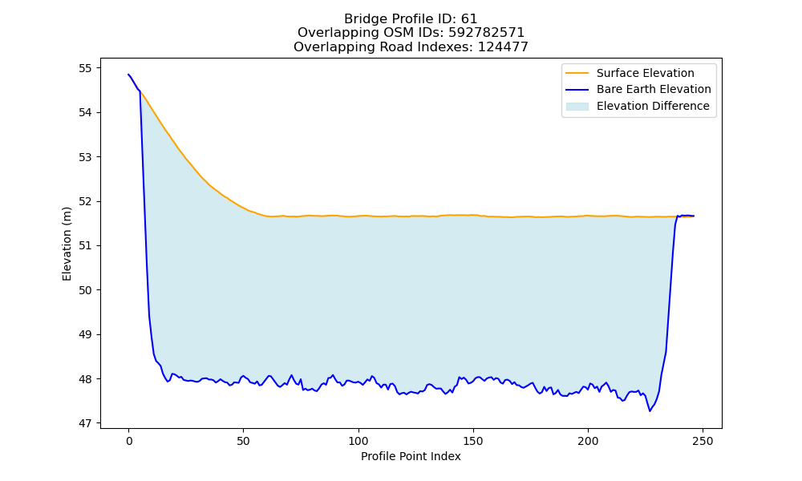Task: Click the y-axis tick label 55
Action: pyautogui.click(x=86, y=68)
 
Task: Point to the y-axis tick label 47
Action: pyautogui.click(x=86, y=424)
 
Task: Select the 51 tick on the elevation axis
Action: pyautogui.click(x=86, y=246)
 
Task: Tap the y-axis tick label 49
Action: pyautogui.click(x=86, y=335)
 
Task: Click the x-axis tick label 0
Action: pyautogui.click(x=129, y=441)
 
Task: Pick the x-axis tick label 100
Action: pyautogui.click(x=358, y=441)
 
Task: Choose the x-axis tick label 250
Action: pyautogui.click(x=703, y=441)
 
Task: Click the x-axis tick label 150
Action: pyautogui.click(x=473, y=441)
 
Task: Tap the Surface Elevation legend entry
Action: pyautogui.click(x=645, y=73)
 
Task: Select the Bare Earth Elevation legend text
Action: pyautogui.click(x=654, y=90)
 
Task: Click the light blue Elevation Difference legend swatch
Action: pyautogui.click(x=577, y=107)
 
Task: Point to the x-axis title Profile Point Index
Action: pyautogui.click(x=411, y=456)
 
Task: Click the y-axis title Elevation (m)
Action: pyautogui.click(x=67, y=244)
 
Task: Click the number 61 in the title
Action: pyautogui.click(x=469, y=19)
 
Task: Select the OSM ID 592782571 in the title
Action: pyautogui.click(x=487, y=33)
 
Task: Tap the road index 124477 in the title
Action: pyautogui.click(x=503, y=47)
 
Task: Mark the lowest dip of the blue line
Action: pyautogui.click(x=650, y=411)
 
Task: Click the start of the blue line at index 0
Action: pyautogui.click(x=128, y=75)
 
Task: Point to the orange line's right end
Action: pyautogui.click(x=694, y=216)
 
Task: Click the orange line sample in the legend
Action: pyautogui.click(x=577, y=73)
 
